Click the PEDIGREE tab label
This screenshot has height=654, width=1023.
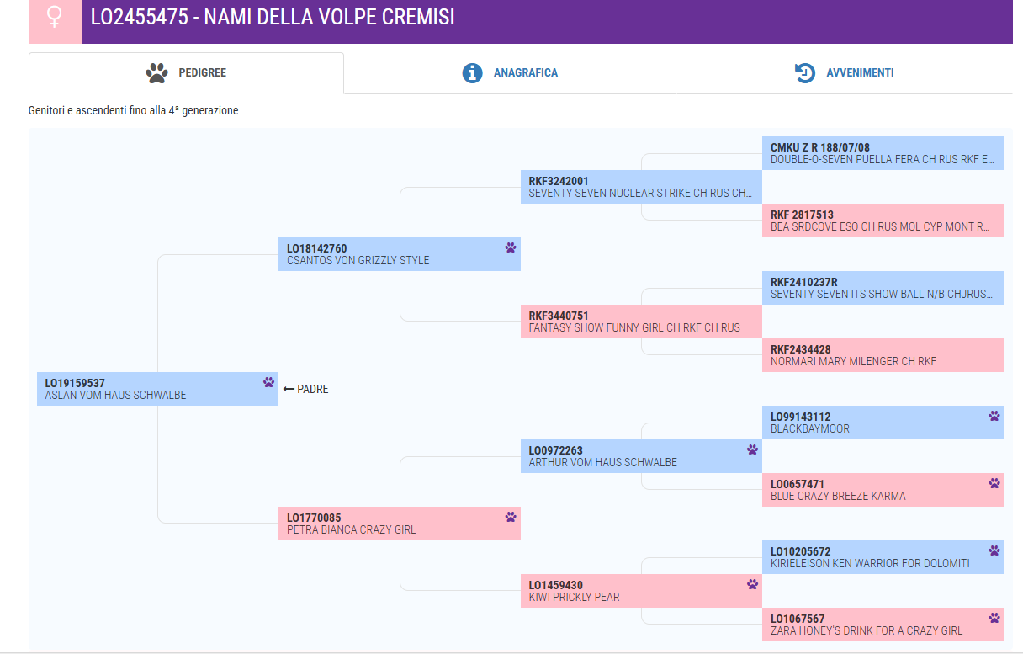click(x=202, y=72)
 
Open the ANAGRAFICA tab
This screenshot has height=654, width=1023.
click(x=525, y=72)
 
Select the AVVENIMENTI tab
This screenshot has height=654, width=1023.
click(x=860, y=72)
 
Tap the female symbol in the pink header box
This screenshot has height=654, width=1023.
click(x=55, y=17)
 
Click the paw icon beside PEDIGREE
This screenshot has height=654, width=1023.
click(x=156, y=73)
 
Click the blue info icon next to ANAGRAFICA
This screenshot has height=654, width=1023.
click(x=472, y=73)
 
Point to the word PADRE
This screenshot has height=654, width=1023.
click(x=312, y=389)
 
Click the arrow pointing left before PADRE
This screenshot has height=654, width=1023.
click(x=289, y=389)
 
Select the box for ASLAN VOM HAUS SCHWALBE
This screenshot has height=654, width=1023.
click(x=157, y=389)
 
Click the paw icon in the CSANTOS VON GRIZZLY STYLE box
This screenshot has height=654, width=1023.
click(x=511, y=247)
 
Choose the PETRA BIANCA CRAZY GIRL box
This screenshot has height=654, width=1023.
click(x=400, y=524)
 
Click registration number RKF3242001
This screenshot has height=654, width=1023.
click(x=558, y=182)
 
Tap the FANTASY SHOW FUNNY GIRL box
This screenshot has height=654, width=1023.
click(x=641, y=322)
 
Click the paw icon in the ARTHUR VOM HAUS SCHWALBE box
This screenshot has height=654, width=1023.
click(x=753, y=449)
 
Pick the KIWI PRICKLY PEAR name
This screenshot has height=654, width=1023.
click(x=574, y=597)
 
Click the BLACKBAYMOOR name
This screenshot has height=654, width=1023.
click(x=809, y=428)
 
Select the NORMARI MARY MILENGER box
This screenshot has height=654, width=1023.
click(x=883, y=355)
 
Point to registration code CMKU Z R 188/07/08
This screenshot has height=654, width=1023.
click(x=819, y=147)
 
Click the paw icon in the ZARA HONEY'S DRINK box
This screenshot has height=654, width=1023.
click(x=994, y=618)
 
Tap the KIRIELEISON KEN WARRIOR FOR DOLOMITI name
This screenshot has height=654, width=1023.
click(x=870, y=563)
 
